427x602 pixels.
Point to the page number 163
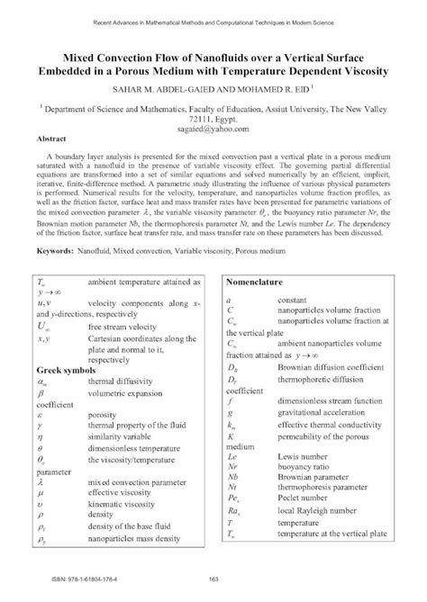[213, 578]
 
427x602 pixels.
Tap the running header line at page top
[213, 20]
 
